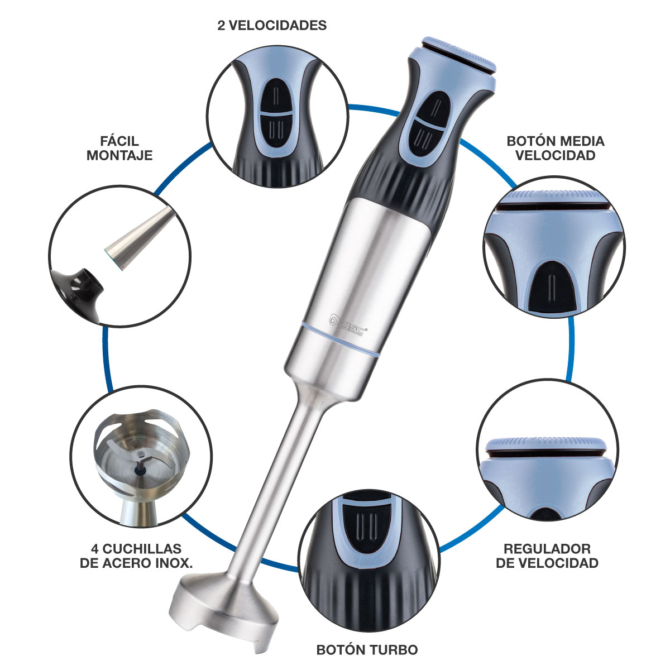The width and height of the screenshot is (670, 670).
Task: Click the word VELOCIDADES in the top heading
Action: [x=277, y=25]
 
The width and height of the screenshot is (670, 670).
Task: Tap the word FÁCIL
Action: [x=119, y=141]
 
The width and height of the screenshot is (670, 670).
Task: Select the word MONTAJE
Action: [x=119, y=155]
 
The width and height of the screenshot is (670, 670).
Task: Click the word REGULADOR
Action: [x=547, y=549]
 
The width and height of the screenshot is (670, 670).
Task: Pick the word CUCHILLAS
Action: [x=142, y=549]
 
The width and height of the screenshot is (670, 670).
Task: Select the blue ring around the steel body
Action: [x=340, y=339]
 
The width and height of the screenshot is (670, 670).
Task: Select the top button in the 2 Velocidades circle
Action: [x=276, y=95]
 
